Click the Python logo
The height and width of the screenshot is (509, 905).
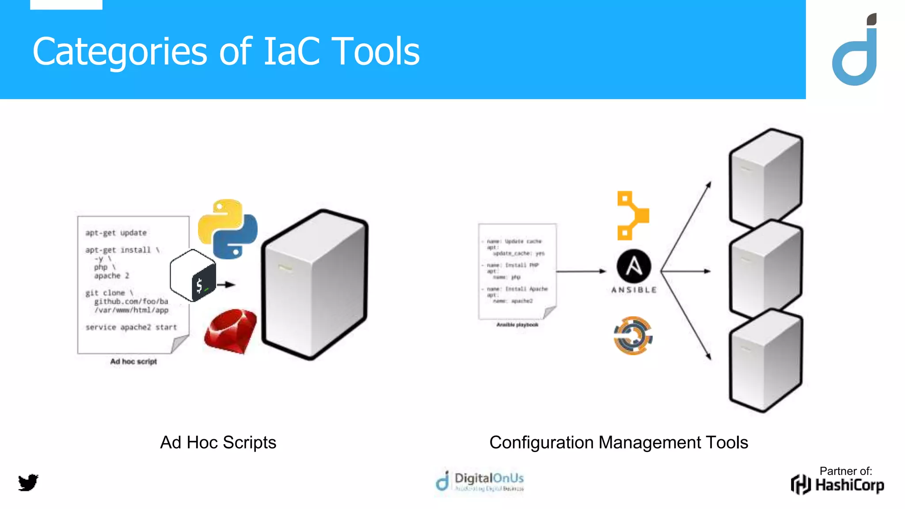point(228,228)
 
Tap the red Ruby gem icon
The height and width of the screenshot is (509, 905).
point(230,331)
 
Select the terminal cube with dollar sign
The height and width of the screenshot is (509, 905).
point(193,276)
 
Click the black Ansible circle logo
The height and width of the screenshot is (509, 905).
point(634,266)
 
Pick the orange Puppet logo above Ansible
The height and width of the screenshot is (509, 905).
point(632,216)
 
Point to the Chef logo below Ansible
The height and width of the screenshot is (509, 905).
point(633,335)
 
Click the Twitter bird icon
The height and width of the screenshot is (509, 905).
point(28,482)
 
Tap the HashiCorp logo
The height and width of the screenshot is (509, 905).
point(837,485)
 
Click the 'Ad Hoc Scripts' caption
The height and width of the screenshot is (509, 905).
point(218,442)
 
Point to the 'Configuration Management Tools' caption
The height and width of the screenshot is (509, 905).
point(619,442)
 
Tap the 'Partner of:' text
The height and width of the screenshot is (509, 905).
point(846,471)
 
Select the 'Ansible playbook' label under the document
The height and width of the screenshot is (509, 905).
point(517,325)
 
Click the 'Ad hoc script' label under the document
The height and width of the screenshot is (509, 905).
point(133,361)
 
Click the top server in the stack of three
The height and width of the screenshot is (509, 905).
point(766,177)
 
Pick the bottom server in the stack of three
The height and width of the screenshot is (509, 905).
point(766,360)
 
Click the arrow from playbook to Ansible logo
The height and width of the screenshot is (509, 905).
point(581,271)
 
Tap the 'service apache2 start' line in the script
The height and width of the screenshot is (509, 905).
point(131,327)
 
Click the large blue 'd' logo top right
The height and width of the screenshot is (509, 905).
point(856,53)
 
